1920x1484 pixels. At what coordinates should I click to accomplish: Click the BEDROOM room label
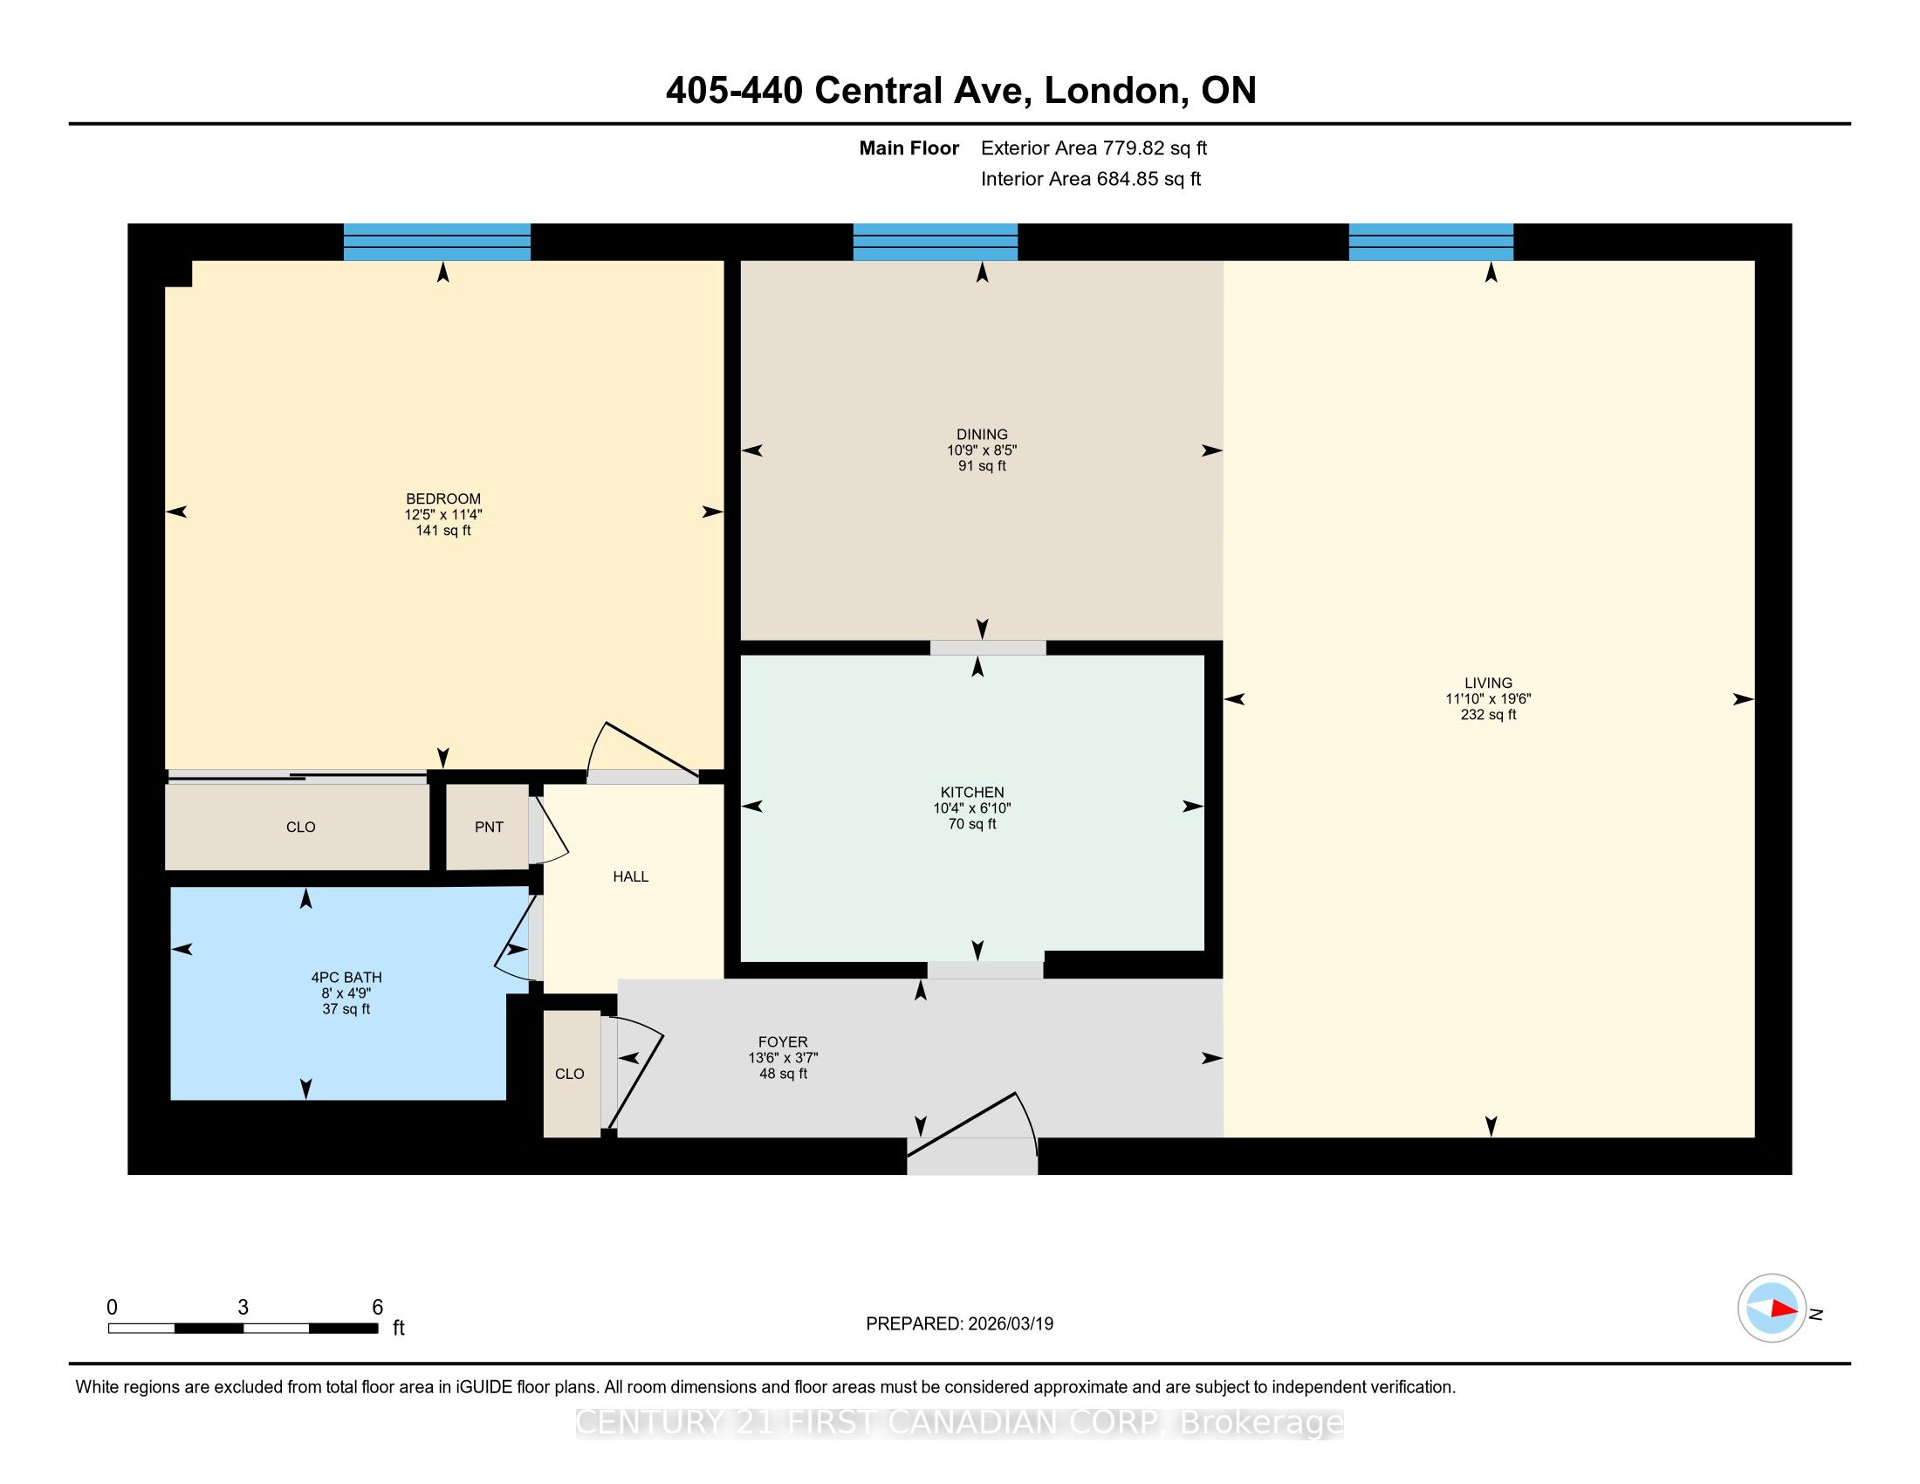click(443, 498)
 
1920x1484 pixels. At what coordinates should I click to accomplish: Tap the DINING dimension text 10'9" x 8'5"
click(982, 450)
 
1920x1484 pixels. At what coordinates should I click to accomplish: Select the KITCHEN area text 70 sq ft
click(972, 824)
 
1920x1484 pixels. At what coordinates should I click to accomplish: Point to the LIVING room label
click(1488, 684)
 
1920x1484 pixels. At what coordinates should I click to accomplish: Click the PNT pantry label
click(489, 828)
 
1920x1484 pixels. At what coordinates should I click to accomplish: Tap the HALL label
click(630, 876)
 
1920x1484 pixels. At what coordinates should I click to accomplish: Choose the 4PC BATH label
click(346, 978)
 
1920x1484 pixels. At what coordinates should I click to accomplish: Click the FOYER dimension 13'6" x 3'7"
click(784, 1059)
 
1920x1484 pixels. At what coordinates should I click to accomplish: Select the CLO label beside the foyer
click(570, 1075)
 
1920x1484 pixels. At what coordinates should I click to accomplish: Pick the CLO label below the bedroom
click(301, 828)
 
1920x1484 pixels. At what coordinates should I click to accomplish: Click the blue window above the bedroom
click(437, 242)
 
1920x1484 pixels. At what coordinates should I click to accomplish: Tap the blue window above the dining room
click(936, 242)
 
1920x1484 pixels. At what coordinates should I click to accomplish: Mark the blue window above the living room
click(1431, 242)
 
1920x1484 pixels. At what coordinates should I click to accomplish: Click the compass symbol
click(1772, 1309)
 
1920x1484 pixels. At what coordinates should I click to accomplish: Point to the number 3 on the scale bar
click(243, 1308)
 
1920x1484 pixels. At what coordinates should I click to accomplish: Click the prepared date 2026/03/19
click(1011, 1324)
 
